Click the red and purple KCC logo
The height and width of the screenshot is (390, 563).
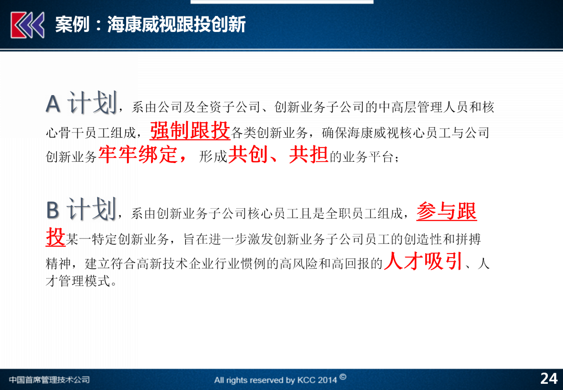coord(28,25)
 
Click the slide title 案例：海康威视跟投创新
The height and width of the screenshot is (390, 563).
coord(151,24)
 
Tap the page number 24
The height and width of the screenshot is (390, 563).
coord(549,379)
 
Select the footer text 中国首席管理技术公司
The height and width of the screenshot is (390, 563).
coord(49,379)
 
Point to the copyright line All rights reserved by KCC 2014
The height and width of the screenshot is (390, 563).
coord(275,380)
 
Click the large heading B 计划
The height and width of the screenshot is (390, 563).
coord(81,209)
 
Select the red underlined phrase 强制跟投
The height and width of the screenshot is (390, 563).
coord(190,131)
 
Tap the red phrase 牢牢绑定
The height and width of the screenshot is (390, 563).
coord(138,155)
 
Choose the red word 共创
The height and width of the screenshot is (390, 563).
coord(247,155)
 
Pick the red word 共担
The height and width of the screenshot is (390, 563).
coord(309,155)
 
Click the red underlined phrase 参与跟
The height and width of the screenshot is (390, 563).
coord(447,211)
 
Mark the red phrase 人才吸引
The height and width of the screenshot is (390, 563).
coord(423,261)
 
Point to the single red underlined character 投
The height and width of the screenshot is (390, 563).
coord(56,237)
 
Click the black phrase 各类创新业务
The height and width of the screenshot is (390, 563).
coord(269,133)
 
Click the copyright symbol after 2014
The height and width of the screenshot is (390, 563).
coord(343,377)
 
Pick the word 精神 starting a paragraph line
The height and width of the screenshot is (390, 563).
coord(58,263)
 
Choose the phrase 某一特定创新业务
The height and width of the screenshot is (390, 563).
coord(117,239)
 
